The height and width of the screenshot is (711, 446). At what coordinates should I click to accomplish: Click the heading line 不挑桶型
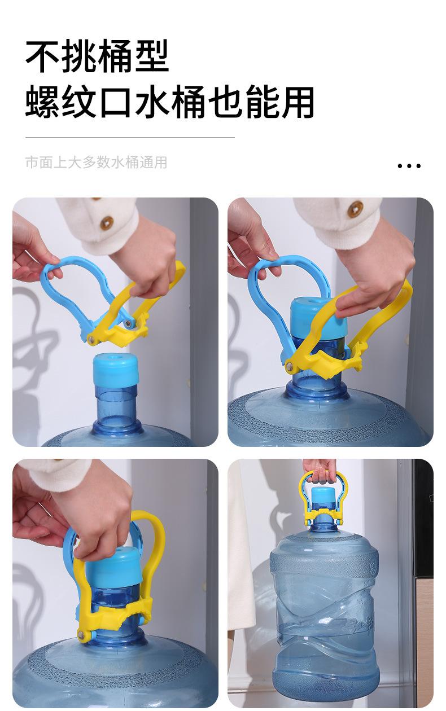[97, 56]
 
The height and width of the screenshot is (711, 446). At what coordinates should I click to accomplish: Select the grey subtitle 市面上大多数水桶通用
[96, 162]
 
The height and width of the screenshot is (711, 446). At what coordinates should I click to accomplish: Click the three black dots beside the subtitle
[409, 166]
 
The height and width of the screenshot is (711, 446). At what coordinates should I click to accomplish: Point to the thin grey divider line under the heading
[130, 138]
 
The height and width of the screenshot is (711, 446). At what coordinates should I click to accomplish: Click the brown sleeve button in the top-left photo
[107, 223]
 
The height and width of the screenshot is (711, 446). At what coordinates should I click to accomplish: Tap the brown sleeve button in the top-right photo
[355, 209]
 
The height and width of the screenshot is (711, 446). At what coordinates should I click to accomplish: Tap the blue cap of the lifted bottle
[323, 499]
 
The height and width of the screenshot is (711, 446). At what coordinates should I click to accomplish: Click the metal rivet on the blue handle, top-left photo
[128, 324]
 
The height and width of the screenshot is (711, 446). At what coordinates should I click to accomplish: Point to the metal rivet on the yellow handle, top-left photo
[91, 340]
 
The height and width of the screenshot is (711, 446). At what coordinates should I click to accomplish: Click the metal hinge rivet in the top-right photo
[290, 367]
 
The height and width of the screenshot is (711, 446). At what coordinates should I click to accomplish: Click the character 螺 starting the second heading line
[42, 102]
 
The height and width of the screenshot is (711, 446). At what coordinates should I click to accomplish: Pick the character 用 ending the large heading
[298, 102]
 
